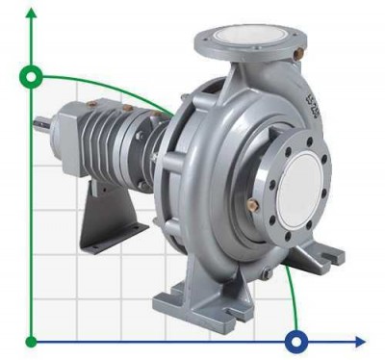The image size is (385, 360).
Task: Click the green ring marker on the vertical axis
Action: pos(32,77)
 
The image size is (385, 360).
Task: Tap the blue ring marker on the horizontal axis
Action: pos(296,341)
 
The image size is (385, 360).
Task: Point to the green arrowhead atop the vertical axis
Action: pos(32,12)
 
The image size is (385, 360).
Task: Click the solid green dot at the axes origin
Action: pos(32,341)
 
